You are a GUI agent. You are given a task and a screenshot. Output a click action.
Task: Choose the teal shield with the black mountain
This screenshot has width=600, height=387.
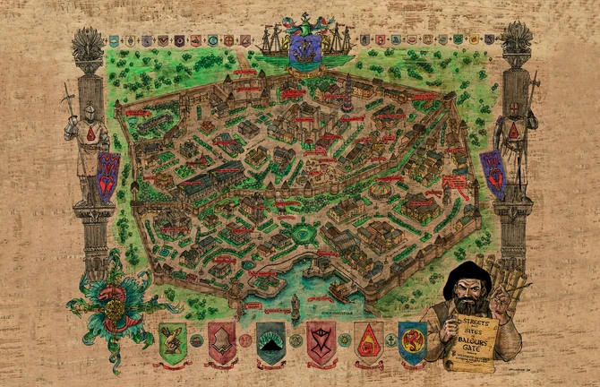tap(271, 341)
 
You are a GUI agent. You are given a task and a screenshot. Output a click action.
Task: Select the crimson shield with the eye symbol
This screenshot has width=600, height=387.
tap(321, 341)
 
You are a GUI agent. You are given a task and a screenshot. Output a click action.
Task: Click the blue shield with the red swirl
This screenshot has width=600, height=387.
tap(413, 340)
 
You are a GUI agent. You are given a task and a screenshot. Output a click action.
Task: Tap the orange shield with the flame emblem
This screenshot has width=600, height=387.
tap(367, 341)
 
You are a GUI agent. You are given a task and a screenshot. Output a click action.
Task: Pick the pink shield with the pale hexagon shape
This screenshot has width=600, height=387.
tap(221, 341)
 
